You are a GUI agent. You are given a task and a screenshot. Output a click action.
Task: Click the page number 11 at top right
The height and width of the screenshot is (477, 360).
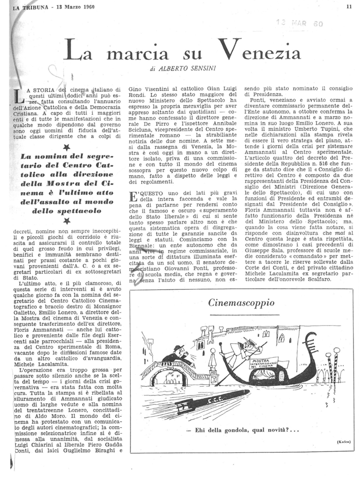pos(349,7)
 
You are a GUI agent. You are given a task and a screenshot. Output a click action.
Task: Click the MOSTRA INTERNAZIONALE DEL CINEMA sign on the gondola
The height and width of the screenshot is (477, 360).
pos(264,363)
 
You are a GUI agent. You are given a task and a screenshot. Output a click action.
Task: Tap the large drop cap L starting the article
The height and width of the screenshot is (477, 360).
pos(16,95)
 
